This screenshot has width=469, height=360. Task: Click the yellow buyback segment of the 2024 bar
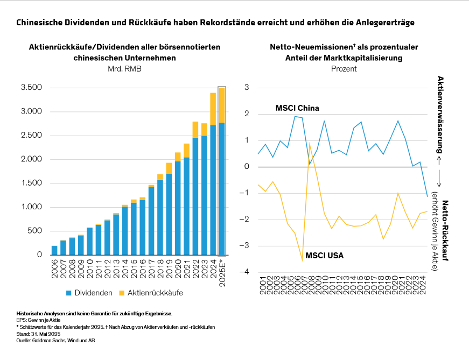pyautogui.click(x=213, y=109)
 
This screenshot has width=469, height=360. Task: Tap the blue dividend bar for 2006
pyautogui.click(x=54, y=251)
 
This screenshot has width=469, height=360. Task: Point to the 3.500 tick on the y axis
pyautogui.click(x=31, y=88)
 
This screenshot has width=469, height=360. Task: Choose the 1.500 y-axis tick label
pyautogui.click(x=31, y=183)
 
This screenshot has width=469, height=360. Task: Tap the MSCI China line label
pyautogui.click(x=297, y=108)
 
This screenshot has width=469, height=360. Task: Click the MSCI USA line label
pyautogui.click(x=324, y=255)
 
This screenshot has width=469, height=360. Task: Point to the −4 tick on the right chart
pyautogui.click(x=246, y=272)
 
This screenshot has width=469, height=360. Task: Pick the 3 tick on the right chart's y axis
pyautogui.click(x=247, y=87)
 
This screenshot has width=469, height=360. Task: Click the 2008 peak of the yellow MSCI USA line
pyautogui.click(x=310, y=143)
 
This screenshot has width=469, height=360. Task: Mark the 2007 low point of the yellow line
pyautogui.click(x=302, y=260)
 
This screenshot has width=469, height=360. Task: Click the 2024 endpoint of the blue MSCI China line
pyautogui.click(x=428, y=196)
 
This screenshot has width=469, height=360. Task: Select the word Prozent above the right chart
pyautogui.click(x=344, y=69)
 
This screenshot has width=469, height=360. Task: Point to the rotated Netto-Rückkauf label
pyautogui.click(x=445, y=230)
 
